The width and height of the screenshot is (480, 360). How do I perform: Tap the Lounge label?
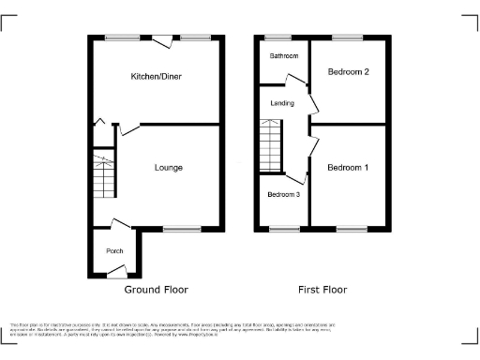169,168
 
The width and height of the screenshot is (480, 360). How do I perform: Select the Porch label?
114,250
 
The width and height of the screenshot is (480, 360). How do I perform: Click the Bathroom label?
284,56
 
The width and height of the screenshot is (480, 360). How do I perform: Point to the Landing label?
282,103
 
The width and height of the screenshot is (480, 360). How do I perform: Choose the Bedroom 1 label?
347,168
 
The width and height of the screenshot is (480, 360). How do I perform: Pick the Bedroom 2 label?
347,71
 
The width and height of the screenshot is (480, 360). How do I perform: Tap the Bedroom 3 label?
283,195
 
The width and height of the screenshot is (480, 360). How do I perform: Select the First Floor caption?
322,290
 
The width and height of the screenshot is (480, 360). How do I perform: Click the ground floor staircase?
103,177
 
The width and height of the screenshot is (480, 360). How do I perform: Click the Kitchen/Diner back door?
163,39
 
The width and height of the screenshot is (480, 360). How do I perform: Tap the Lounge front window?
182,228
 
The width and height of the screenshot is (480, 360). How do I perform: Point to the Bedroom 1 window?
351,228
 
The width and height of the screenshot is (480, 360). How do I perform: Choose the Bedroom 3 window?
283,228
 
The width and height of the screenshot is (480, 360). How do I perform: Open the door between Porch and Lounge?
119,224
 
